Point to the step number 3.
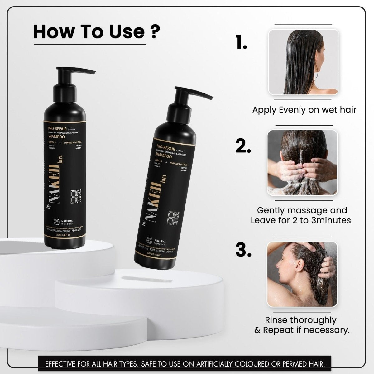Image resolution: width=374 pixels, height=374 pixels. pyautogui.click(x=243, y=249)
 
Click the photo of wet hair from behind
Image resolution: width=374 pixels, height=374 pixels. pyautogui.click(x=303, y=62)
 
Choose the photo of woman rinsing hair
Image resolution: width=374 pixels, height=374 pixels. pyautogui.click(x=302, y=274)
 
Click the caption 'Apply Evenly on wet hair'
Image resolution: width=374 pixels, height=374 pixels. pyautogui.click(x=304, y=110)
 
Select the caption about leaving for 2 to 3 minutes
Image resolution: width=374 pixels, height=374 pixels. pyautogui.click(x=301, y=215)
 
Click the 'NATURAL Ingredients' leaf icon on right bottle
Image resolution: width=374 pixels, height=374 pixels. pyautogui.click(x=149, y=241)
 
